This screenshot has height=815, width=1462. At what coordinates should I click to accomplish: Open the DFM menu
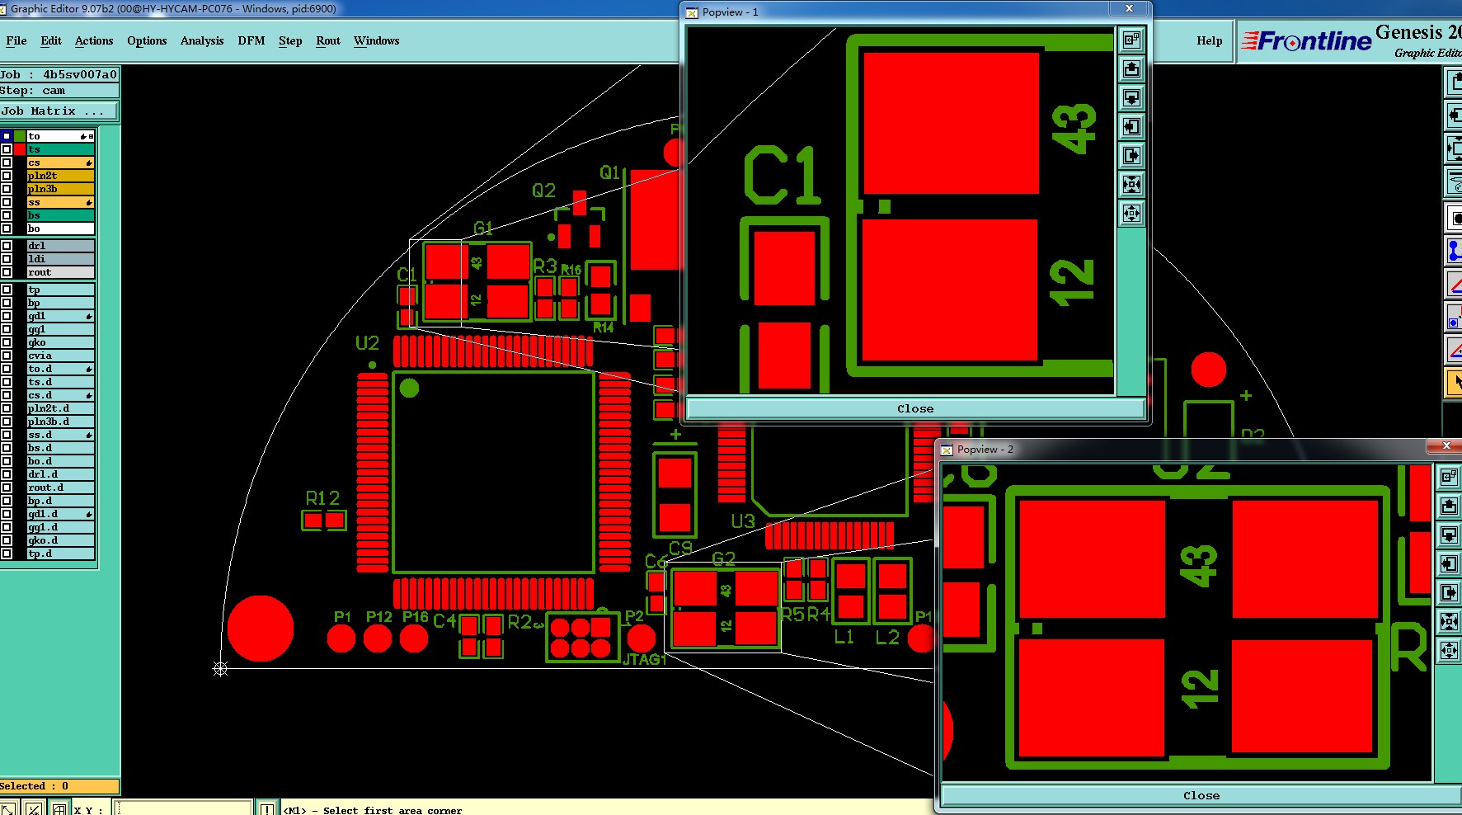click(x=251, y=40)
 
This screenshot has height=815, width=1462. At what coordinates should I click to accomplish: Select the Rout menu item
click(x=328, y=40)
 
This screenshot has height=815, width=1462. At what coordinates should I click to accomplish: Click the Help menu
click(x=1209, y=40)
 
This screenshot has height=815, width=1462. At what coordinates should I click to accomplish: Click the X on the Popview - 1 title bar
click(x=1129, y=9)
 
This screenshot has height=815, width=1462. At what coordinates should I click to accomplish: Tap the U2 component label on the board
click(x=367, y=342)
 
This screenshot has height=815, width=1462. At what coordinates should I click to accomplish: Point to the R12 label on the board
click(x=322, y=498)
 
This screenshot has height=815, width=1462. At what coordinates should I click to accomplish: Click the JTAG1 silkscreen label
click(x=644, y=659)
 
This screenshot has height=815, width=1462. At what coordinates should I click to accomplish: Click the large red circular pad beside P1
click(x=261, y=629)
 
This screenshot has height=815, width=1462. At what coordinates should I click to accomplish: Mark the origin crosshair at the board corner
click(x=220, y=668)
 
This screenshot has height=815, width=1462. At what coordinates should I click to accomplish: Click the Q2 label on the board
click(x=543, y=191)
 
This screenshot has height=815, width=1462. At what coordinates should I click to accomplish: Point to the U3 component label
click(x=742, y=521)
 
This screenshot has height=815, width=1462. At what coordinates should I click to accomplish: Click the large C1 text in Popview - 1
click(x=782, y=176)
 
